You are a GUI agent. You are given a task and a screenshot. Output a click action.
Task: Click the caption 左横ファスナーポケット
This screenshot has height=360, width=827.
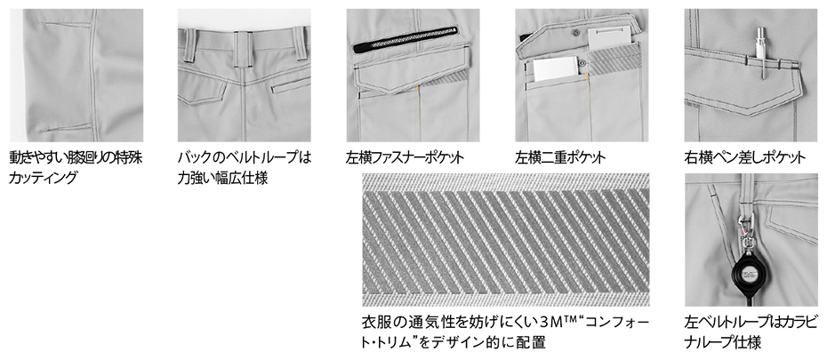(405, 157)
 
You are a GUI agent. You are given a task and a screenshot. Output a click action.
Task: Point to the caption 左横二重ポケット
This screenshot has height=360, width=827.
(560, 157)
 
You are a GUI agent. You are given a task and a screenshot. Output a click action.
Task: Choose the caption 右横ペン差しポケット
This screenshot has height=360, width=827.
(744, 157)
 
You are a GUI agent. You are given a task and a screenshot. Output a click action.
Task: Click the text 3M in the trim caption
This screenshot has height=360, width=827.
(551, 321)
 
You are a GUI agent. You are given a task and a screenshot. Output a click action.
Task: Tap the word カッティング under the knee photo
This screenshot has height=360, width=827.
(43, 178)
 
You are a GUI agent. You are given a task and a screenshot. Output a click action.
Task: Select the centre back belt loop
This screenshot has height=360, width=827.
(242, 49)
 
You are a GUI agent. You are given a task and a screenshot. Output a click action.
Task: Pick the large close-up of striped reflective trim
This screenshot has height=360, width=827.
(506, 240)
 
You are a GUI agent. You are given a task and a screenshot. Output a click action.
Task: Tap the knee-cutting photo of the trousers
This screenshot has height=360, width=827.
(76, 76)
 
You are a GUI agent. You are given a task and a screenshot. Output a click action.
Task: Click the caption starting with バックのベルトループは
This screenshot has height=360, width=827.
(245, 168)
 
